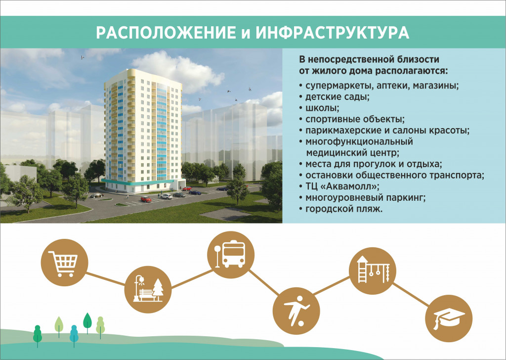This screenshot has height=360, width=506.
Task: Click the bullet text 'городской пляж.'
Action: tap(343, 209)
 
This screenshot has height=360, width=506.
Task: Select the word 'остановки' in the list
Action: tap(327, 176)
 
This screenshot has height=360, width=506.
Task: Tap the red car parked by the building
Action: tap(146, 199)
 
